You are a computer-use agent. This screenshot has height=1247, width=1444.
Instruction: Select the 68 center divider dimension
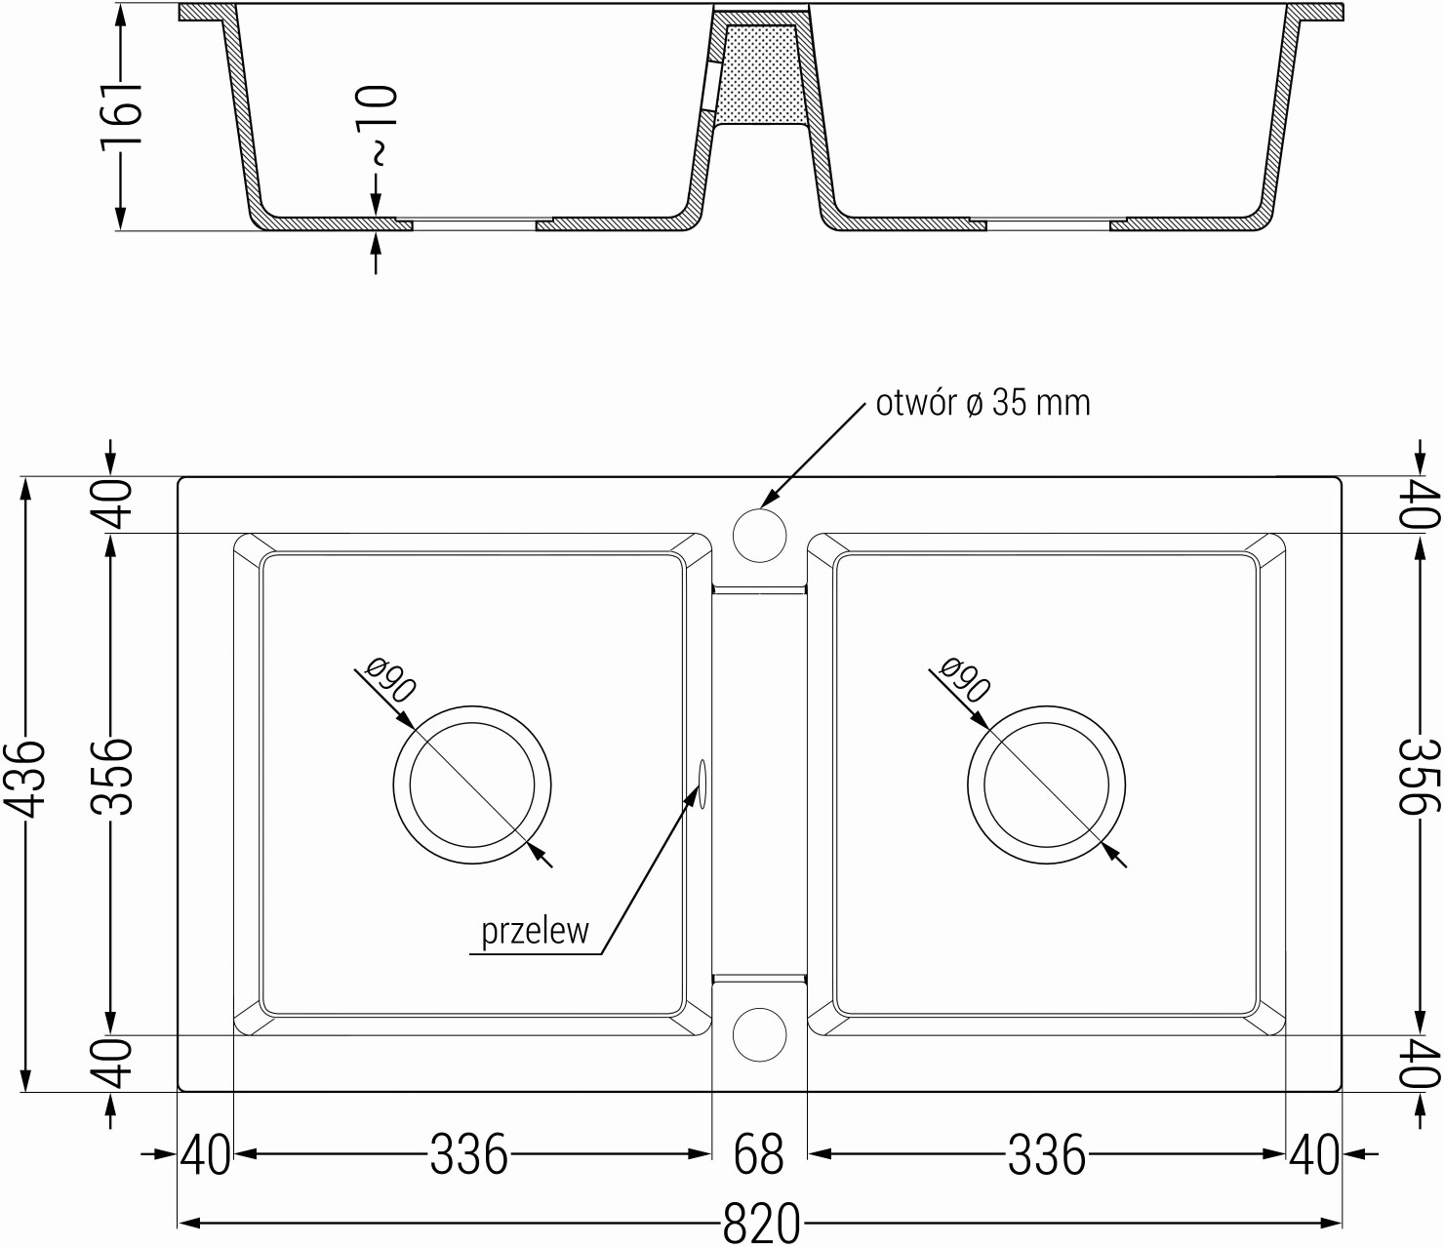759,1154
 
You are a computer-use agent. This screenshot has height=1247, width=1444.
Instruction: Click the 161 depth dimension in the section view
121,117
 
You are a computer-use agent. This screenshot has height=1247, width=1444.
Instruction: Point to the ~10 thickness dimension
378,125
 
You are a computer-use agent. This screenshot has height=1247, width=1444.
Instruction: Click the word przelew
535,932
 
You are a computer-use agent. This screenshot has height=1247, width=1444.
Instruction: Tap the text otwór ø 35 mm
983,403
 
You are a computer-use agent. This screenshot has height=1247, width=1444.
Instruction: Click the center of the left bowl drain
472,784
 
